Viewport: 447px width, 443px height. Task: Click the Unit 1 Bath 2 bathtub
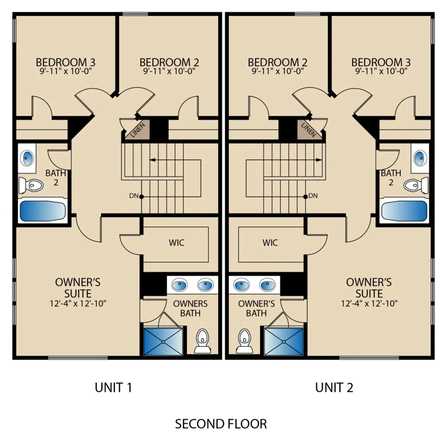[42, 211]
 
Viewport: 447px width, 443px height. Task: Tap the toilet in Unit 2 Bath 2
[416, 185]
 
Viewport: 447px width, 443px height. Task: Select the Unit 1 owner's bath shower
[163, 342]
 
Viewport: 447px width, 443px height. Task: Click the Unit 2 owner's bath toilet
[245, 341]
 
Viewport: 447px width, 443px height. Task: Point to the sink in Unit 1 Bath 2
[27, 158]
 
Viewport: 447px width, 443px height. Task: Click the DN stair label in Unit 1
[134, 196]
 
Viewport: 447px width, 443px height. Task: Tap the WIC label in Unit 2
[270, 243]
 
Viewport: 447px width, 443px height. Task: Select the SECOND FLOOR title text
[221, 424]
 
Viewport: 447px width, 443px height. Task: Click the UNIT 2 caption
[334, 387]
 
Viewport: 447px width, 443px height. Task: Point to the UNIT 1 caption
[113, 387]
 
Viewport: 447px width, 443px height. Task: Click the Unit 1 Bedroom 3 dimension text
[66, 71]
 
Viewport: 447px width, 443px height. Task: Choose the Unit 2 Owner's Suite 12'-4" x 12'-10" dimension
[369, 303]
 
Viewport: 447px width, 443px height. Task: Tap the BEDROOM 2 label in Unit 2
[278, 62]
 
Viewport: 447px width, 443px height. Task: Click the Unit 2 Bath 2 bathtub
[404, 211]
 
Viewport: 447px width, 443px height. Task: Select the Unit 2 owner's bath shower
[284, 342]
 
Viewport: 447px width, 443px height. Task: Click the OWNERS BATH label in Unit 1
[190, 309]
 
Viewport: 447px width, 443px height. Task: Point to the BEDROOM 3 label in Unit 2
[381, 62]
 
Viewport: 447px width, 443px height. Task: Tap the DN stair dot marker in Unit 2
[306, 197]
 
